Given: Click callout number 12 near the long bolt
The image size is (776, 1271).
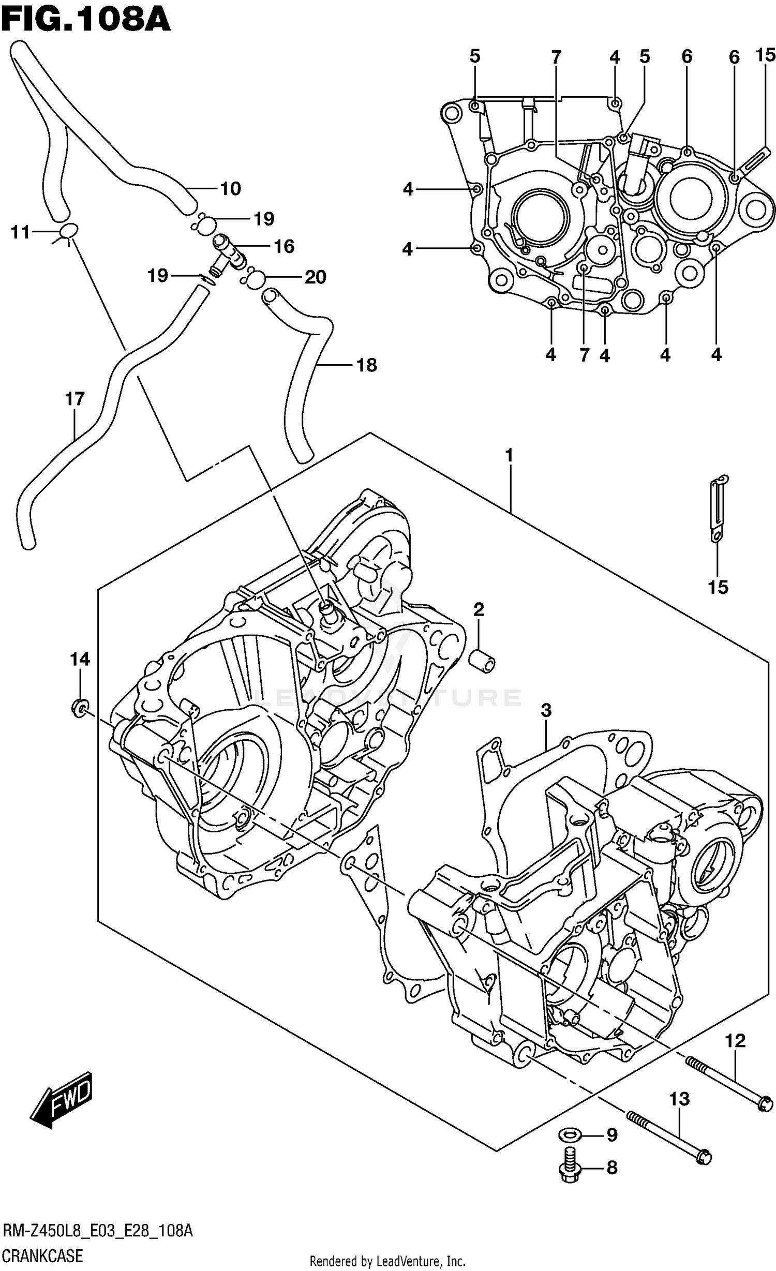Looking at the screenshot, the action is (x=735, y=1040).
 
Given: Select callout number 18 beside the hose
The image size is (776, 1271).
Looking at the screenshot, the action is (x=367, y=365).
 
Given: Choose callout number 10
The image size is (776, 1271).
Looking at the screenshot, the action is (x=230, y=188).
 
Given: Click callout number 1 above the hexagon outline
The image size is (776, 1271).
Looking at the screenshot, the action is (x=510, y=455).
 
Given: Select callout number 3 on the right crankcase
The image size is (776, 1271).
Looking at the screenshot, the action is (x=546, y=710).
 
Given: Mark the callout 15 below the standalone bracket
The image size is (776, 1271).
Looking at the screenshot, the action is (x=718, y=587).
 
